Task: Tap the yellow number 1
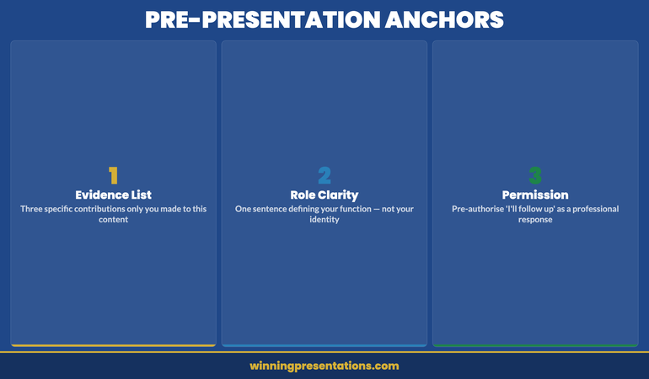tap(113, 175)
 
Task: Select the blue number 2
tap(324, 175)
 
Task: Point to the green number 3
tap(535, 175)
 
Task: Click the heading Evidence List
tap(113, 195)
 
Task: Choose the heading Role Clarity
tap(324, 195)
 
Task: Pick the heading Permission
tap(535, 195)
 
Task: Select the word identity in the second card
tap(324, 220)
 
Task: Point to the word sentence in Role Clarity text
tap(274, 208)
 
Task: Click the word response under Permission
tap(535, 220)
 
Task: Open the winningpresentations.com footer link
tap(324, 366)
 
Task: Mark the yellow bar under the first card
tap(113, 345)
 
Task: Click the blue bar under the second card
tap(324, 345)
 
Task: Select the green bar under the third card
tap(535, 345)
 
